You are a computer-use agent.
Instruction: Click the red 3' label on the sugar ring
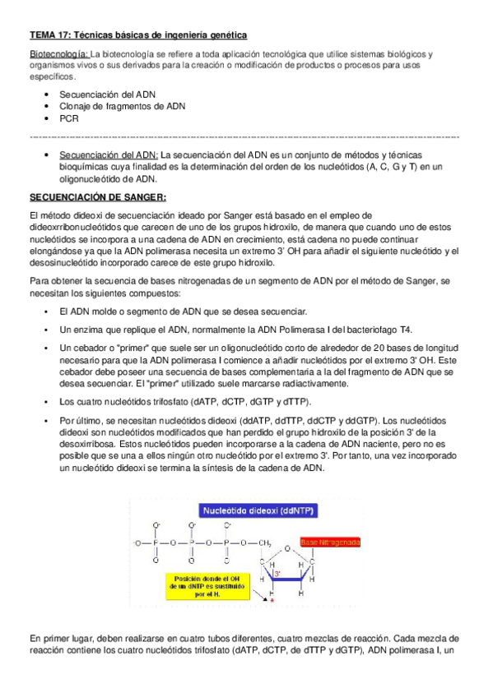pyautogui.click(x=277, y=573)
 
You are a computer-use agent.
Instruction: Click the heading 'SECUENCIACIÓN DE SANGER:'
pyautogui.click(x=98, y=197)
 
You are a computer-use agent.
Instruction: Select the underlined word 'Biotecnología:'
pyautogui.click(x=58, y=53)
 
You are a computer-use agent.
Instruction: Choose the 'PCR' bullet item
pyautogui.click(x=68, y=118)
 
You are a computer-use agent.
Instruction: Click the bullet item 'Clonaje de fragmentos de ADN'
pyautogui.click(x=122, y=106)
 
